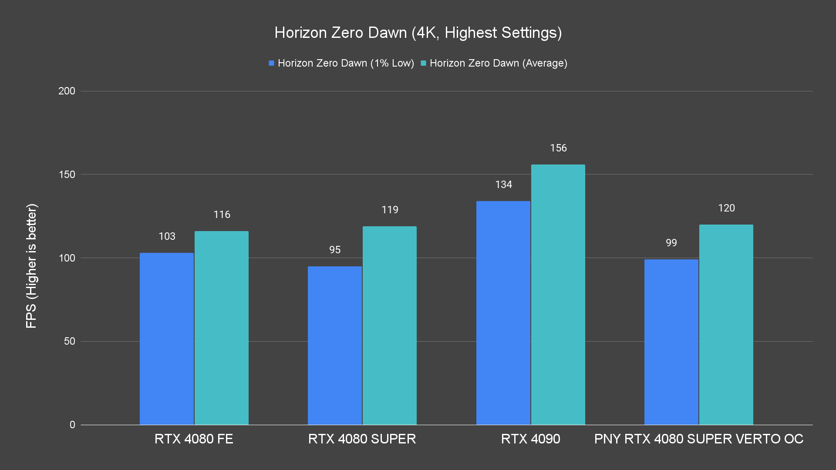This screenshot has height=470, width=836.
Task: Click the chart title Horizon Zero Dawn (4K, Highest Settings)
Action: click(x=418, y=33)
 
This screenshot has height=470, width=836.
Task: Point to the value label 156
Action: click(x=558, y=148)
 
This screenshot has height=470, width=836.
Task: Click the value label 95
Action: click(x=335, y=250)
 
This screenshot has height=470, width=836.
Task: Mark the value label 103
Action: click(x=167, y=236)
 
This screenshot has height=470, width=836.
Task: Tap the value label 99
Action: click(x=671, y=243)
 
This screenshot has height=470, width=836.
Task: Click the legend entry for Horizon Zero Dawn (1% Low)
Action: click(x=341, y=63)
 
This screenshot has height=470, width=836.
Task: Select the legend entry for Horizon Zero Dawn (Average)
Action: click(x=494, y=63)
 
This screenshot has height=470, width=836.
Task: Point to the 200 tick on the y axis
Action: click(x=67, y=91)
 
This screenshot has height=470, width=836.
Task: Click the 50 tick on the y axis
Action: click(x=70, y=341)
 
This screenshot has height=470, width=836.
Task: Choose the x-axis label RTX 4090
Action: click(x=530, y=439)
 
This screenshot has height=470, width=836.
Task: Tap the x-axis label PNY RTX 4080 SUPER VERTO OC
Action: click(x=698, y=439)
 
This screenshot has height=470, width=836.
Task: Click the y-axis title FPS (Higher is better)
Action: click(x=31, y=265)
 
